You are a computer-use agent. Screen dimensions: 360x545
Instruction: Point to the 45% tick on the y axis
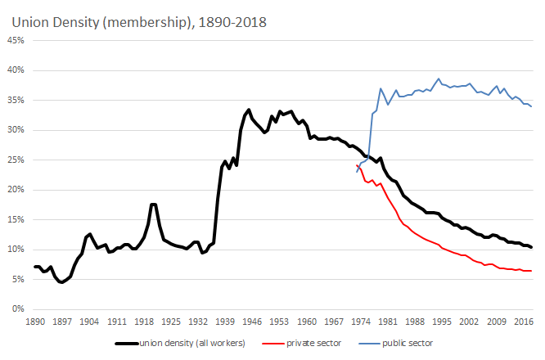coord(18,41)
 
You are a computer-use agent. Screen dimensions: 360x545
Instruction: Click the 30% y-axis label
coord(18,130)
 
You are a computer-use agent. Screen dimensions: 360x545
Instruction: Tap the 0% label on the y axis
coord(20,309)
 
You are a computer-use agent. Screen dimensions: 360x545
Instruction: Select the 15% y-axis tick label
coord(18,219)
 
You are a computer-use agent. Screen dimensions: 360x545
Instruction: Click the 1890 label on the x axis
coord(34,322)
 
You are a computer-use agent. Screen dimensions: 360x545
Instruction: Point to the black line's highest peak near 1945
coord(249,110)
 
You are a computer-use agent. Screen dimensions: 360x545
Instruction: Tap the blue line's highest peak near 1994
coord(439,79)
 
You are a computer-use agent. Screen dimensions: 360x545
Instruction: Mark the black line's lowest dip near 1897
coord(61,282)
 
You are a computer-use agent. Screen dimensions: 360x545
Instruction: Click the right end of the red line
coord(531,271)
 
